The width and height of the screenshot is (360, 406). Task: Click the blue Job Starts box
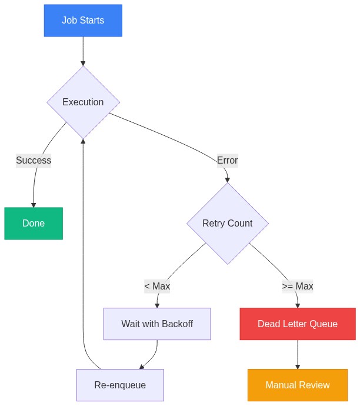[x=83, y=21]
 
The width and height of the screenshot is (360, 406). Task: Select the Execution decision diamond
[x=83, y=102]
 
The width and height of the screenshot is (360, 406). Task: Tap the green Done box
[x=34, y=224]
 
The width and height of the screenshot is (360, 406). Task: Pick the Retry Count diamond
[x=227, y=224]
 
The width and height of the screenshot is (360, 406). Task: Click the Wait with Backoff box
[x=157, y=324]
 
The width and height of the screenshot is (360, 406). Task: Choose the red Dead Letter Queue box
[x=298, y=324]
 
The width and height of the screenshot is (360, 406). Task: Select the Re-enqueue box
[x=120, y=385]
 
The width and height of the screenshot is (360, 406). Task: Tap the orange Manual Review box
[x=298, y=385]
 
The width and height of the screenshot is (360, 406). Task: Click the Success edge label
[x=34, y=161]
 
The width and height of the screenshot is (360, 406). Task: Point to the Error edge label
[x=227, y=161]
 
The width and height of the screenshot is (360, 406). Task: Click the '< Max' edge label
[x=157, y=287]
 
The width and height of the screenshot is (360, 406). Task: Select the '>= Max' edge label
[x=298, y=287]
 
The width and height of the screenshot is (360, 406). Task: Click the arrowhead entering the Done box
[x=34, y=205]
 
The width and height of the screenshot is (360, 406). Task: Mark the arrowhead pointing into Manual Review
[x=298, y=366]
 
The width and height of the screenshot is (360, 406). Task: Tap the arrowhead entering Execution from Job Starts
[x=83, y=63]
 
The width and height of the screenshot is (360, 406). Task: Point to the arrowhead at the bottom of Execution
[x=83, y=142]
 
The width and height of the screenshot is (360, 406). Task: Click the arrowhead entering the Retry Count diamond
[x=227, y=180]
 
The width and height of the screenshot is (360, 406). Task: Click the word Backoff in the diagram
[x=177, y=324]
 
